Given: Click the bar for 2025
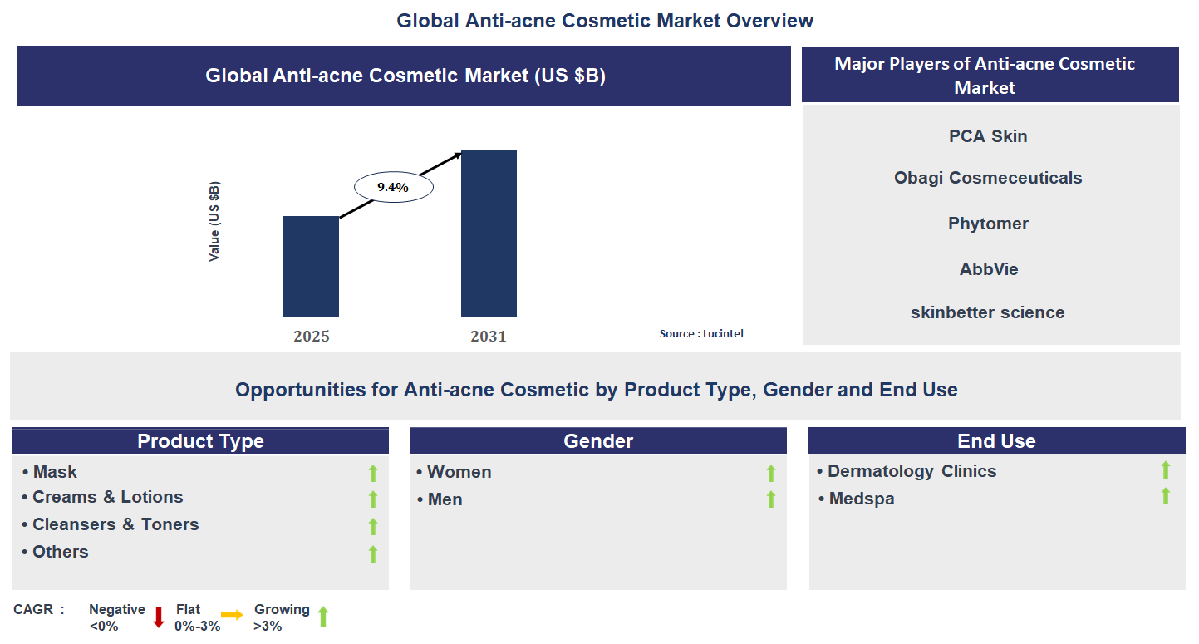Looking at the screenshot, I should (311, 266).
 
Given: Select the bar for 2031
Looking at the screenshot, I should (489, 233).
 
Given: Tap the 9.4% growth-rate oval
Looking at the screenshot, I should (393, 188).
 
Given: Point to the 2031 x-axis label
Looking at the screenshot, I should (489, 337).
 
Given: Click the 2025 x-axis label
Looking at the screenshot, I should (312, 337).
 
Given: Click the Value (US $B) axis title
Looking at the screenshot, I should (215, 221).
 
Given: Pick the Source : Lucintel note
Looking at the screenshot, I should (701, 333).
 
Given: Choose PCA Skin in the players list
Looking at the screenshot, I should (988, 136).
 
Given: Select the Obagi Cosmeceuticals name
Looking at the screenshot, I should (988, 178).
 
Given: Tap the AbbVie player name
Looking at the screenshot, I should (988, 269).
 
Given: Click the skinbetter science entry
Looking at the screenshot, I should (987, 312).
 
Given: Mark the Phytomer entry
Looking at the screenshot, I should (988, 224).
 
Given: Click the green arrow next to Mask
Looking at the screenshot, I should (373, 473).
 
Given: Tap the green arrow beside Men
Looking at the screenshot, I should (770, 499).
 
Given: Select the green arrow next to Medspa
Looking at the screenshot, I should (1165, 496).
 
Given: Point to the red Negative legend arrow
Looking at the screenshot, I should (159, 617).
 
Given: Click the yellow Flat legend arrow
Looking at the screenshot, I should (232, 615).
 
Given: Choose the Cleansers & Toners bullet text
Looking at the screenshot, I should (115, 524).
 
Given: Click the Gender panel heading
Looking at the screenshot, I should (598, 441).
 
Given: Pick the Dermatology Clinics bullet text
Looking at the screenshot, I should (912, 471).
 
